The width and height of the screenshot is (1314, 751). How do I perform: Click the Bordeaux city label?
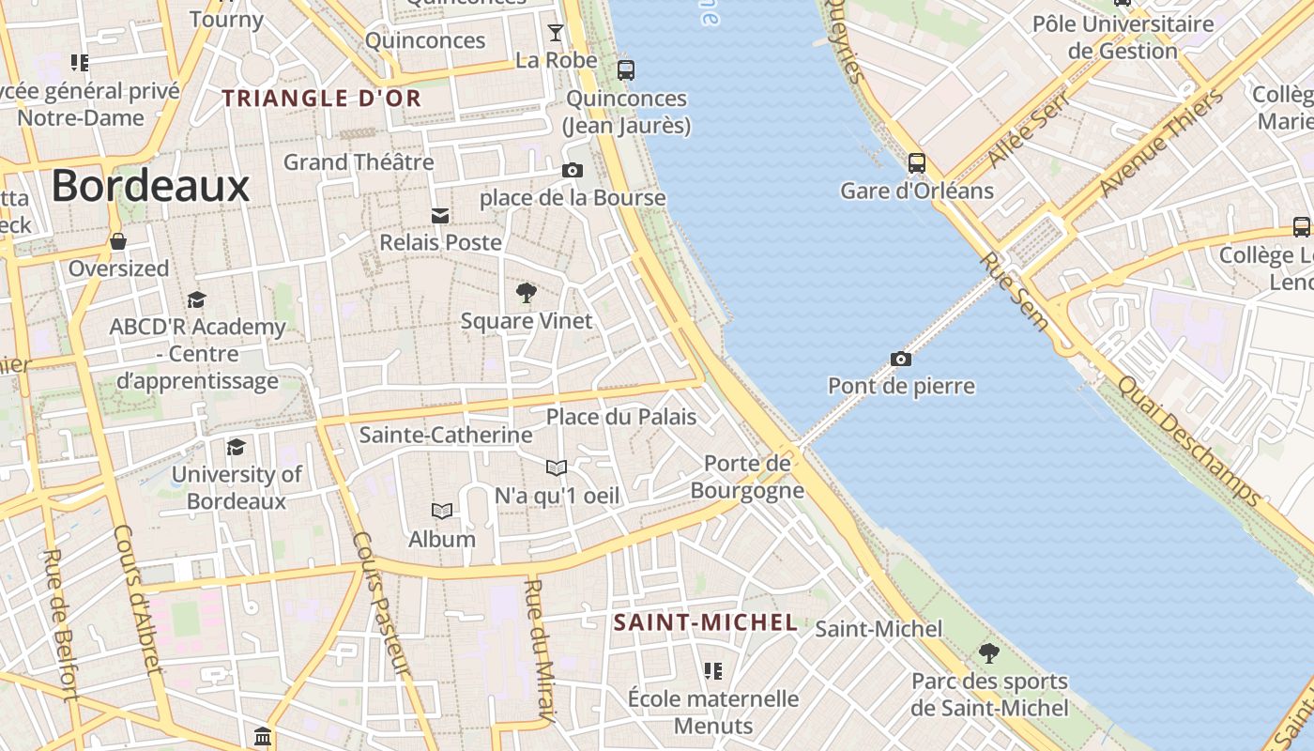pyautogui.click(x=150, y=186)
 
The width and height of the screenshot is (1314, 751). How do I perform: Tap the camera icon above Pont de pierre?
pyautogui.click(x=901, y=359)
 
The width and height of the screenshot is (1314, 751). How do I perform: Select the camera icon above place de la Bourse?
pyautogui.click(x=572, y=170)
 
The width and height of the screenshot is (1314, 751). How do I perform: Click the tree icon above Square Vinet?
pyautogui.click(x=526, y=293)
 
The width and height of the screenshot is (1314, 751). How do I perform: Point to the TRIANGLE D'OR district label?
pyautogui.click(x=321, y=98)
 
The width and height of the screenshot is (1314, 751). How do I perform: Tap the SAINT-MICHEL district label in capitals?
pyautogui.click(x=706, y=622)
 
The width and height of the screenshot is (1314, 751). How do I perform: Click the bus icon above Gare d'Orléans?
pyautogui.click(x=917, y=162)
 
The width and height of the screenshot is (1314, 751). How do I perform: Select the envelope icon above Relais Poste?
pyautogui.click(x=439, y=216)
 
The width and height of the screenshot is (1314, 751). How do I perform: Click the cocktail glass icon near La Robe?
pyautogui.click(x=556, y=33)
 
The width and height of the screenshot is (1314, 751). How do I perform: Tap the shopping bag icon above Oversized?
pyautogui.click(x=118, y=241)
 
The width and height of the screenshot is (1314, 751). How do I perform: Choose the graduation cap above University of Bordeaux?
pyautogui.click(x=236, y=447)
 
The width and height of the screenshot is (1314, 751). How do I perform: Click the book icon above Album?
pyautogui.click(x=441, y=511)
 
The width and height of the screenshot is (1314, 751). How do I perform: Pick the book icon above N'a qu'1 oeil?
pyautogui.click(x=557, y=467)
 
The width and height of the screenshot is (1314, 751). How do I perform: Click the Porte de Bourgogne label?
pyautogui.click(x=748, y=477)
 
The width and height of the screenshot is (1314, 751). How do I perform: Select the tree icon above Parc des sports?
pyautogui.click(x=988, y=652)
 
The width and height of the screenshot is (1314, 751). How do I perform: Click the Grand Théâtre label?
pyautogui.click(x=359, y=161)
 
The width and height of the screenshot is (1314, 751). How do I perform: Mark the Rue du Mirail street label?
pyautogui.click(x=540, y=651)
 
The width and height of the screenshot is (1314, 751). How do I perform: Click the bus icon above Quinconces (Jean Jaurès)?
pyautogui.click(x=626, y=69)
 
